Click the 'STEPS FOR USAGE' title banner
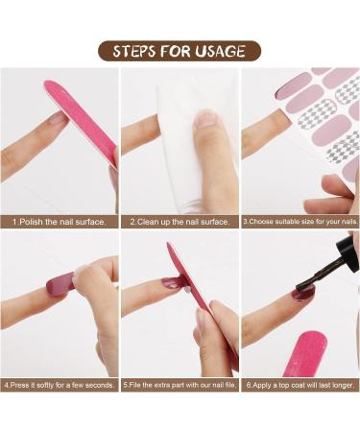(180, 50)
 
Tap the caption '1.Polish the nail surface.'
(59, 222)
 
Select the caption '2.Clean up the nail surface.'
(180, 222)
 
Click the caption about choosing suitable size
(300, 222)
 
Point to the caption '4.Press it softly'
(59, 385)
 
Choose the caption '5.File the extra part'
(180, 385)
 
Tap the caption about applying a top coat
(300, 385)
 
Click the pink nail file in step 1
(82, 125)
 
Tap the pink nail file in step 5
(202, 307)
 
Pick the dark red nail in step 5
(173, 283)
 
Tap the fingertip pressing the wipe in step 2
(205, 120)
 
